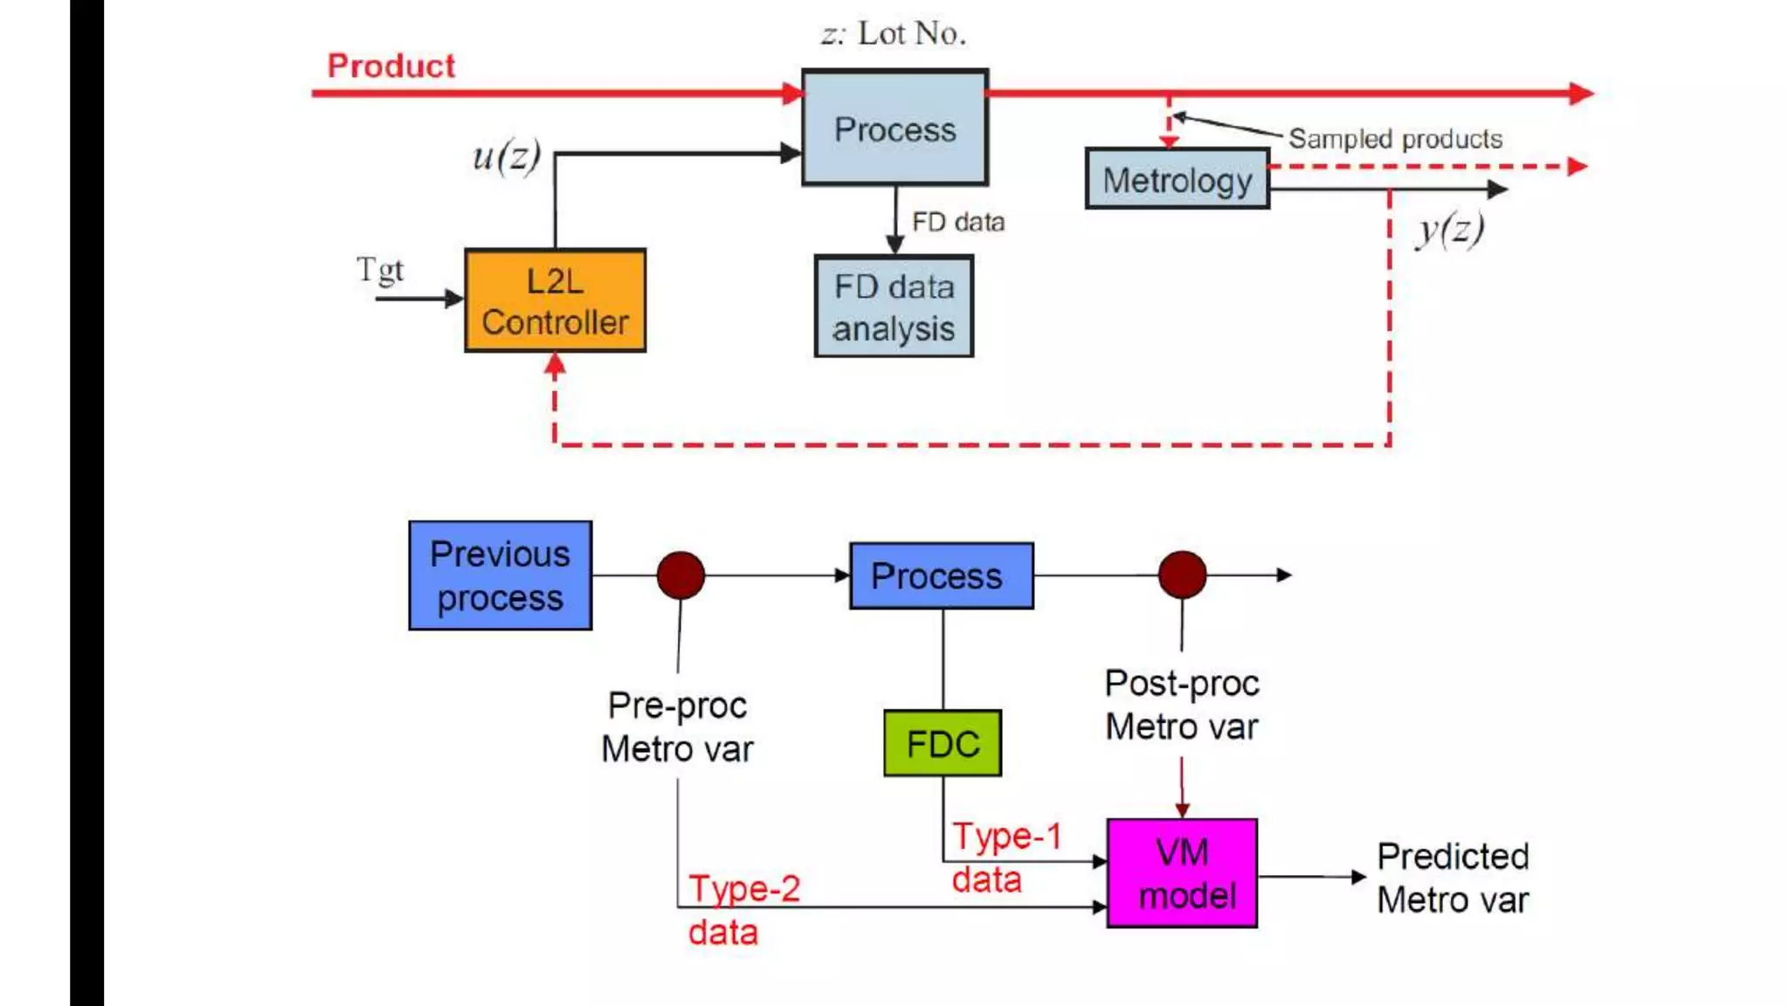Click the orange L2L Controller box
(x=555, y=300)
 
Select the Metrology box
(x=1177, y=179)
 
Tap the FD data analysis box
(x=894, y=307)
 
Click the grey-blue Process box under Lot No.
(x=894, y=128)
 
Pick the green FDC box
(x=943, y=743)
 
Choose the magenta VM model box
(x=1182, y=872)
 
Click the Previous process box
(x=500, y=575)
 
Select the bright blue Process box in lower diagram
(x=941, y=575)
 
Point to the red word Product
(x=390, y=65)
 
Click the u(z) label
(x=506, y=156)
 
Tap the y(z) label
(x=1450, y=230)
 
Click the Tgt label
(x=380, y=269)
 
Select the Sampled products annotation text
(x=1395, y=139)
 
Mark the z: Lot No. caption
(x=893, y=33)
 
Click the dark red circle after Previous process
(x=680, y=575)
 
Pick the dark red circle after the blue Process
(x=1182, y=575)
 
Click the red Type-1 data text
(x=1005, y=857)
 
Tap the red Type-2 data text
(x=743, y=909)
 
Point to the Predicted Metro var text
(x=1452, y=878)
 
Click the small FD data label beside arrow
(x=957, y=222)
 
